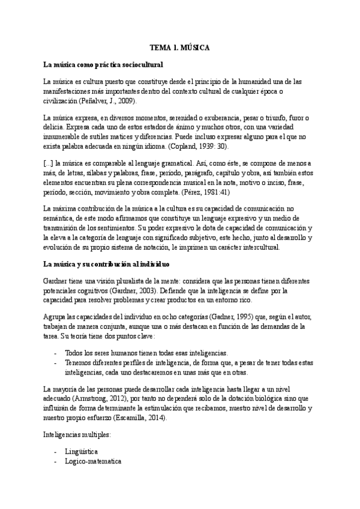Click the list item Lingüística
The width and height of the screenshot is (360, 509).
81,451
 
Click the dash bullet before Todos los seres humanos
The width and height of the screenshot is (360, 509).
56,353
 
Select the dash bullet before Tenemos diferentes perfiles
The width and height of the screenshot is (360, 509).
56,363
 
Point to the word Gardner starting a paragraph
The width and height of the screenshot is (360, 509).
56,281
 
